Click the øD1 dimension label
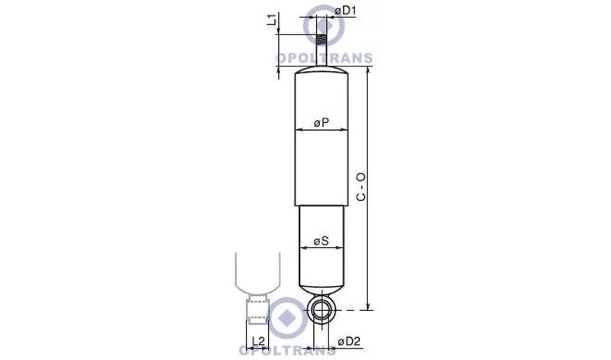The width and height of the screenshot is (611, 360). (345, 11)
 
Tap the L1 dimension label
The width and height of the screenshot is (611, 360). (273, 20)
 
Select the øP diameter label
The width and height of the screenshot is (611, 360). (322, 123)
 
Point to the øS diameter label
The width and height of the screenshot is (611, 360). (321, 241)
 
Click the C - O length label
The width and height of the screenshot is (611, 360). (361, 186)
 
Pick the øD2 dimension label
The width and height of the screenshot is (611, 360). (350, 342)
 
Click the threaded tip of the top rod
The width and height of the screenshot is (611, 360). (321, 40)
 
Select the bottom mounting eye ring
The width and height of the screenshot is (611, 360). (322, 310)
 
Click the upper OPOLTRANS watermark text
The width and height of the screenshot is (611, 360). (325, 58)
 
